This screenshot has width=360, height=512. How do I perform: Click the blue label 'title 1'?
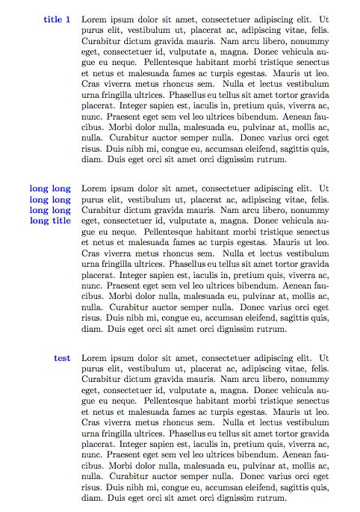[57, 19]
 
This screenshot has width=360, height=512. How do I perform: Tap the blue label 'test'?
[62, 359]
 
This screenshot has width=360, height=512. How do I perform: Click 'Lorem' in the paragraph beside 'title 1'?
[94, 19]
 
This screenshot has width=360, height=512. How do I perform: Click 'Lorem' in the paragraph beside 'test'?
[94, 359]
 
